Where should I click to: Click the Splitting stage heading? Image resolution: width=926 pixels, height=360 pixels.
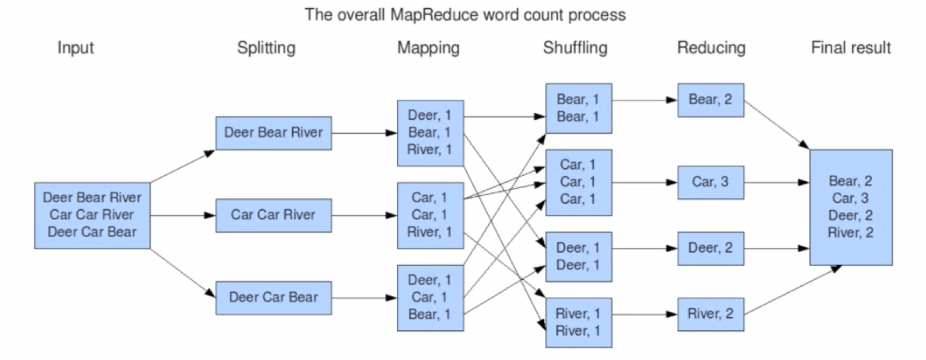click(x=266, y=48)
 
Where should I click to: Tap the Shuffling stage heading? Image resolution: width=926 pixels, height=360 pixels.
click(x=575, y=48)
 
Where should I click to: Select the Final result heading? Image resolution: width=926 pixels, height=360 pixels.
click(x=851, y=48)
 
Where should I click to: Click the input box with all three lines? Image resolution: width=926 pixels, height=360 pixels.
click(x=92, y=215)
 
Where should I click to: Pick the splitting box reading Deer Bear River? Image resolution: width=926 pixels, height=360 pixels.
click(x=273, y=133)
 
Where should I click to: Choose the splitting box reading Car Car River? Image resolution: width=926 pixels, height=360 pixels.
click(x=273, y=215)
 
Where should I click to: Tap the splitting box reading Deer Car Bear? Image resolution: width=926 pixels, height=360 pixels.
click(x=273, y=298)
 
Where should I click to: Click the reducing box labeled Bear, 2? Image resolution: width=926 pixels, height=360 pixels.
click(x=710, y=100)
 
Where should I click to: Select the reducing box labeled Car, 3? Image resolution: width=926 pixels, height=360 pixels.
click(x=710, y=182)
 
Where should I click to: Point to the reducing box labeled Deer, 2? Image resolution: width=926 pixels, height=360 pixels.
click(x=710, y=248)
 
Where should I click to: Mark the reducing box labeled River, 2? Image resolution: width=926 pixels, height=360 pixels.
click(x=710, y=314)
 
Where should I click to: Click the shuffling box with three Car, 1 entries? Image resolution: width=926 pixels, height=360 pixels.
click(x=578, y=182)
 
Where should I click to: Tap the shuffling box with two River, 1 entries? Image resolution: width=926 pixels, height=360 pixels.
click(x=578, y=322)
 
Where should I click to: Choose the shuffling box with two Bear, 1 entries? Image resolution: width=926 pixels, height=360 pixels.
click(x=578, y=108)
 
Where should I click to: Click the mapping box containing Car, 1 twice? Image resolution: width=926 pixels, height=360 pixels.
click(x=430, y=215)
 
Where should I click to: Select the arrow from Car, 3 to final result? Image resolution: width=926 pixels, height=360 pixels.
click(x=776, y=182)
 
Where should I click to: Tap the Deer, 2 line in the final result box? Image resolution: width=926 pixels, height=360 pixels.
click(x=850, y=216)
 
